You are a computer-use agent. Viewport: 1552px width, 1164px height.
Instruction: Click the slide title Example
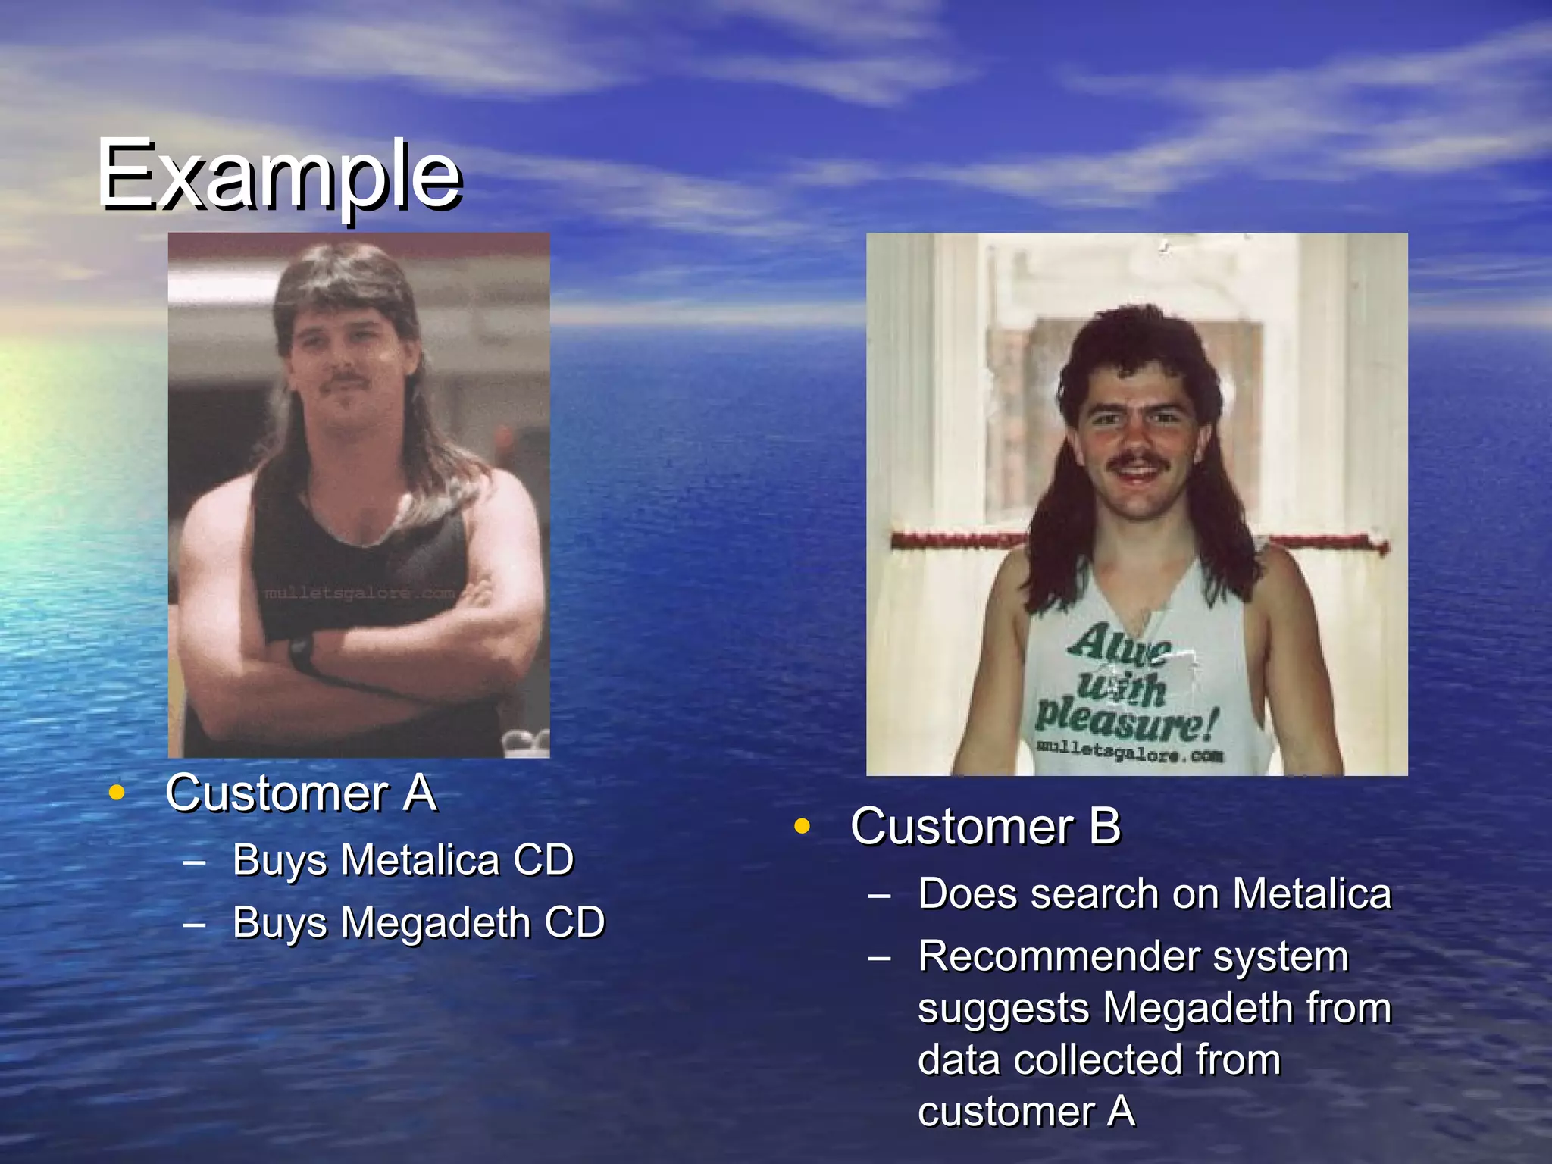tap(279, 176)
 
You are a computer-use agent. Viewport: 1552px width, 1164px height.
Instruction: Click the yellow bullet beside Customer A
tap(116, 793)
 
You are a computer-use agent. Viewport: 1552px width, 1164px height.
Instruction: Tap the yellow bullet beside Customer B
tap(801, 826)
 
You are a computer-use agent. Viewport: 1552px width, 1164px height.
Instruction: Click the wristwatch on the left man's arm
tap(302, 652)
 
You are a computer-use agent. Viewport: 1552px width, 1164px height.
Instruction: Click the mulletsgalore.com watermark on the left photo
tap(359, 593)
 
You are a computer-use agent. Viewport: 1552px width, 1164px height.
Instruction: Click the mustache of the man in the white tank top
tap(1136, 459)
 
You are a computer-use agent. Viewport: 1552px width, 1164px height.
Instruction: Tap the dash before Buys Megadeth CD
tap(194, 924)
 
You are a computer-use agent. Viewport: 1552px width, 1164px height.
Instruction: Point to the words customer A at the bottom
tap(1026, 1112)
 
